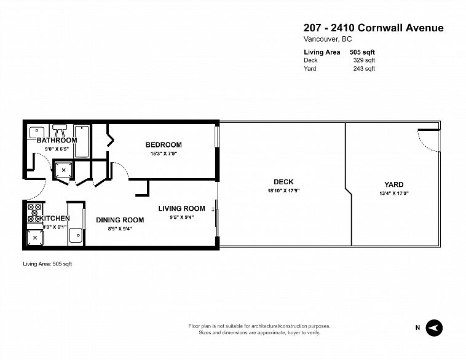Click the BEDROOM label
(164, 144)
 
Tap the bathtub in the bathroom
(81, 141)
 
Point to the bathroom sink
(37, 132)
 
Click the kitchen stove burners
(34, 213)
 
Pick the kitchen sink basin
(76, 235)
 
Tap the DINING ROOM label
(120, 220)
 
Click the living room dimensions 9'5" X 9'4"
(181, 217)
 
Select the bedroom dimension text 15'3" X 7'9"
(164, 154)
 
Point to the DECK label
(283, 182)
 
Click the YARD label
(394, 184)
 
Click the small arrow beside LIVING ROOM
(213, 209)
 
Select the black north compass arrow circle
(434, 328)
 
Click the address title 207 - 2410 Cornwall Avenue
(374, 28)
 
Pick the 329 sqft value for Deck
(364, 60)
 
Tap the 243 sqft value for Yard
(364, 69)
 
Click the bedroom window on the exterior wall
(217, 136)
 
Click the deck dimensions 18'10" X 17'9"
(283, 190)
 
